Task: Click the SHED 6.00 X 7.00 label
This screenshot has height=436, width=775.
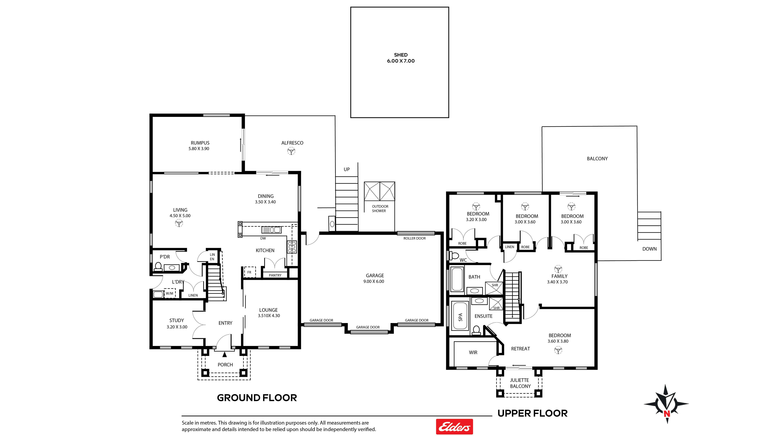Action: point(401,58)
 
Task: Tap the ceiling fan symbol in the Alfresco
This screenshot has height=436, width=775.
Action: point(291,151)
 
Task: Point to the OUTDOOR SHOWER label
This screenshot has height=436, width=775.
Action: point(380,208)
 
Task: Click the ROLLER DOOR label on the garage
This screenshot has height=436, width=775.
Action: point(415,238)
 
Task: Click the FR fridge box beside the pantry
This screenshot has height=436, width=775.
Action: point(249,272)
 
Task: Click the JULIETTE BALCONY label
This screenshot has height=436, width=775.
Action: point(520,383)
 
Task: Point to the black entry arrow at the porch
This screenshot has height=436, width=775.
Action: point(224,355)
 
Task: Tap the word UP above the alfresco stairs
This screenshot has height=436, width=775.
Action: point(347,169)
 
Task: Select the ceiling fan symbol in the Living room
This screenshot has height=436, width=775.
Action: point(179,223)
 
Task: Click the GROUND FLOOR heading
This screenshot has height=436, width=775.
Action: point(257,398)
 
